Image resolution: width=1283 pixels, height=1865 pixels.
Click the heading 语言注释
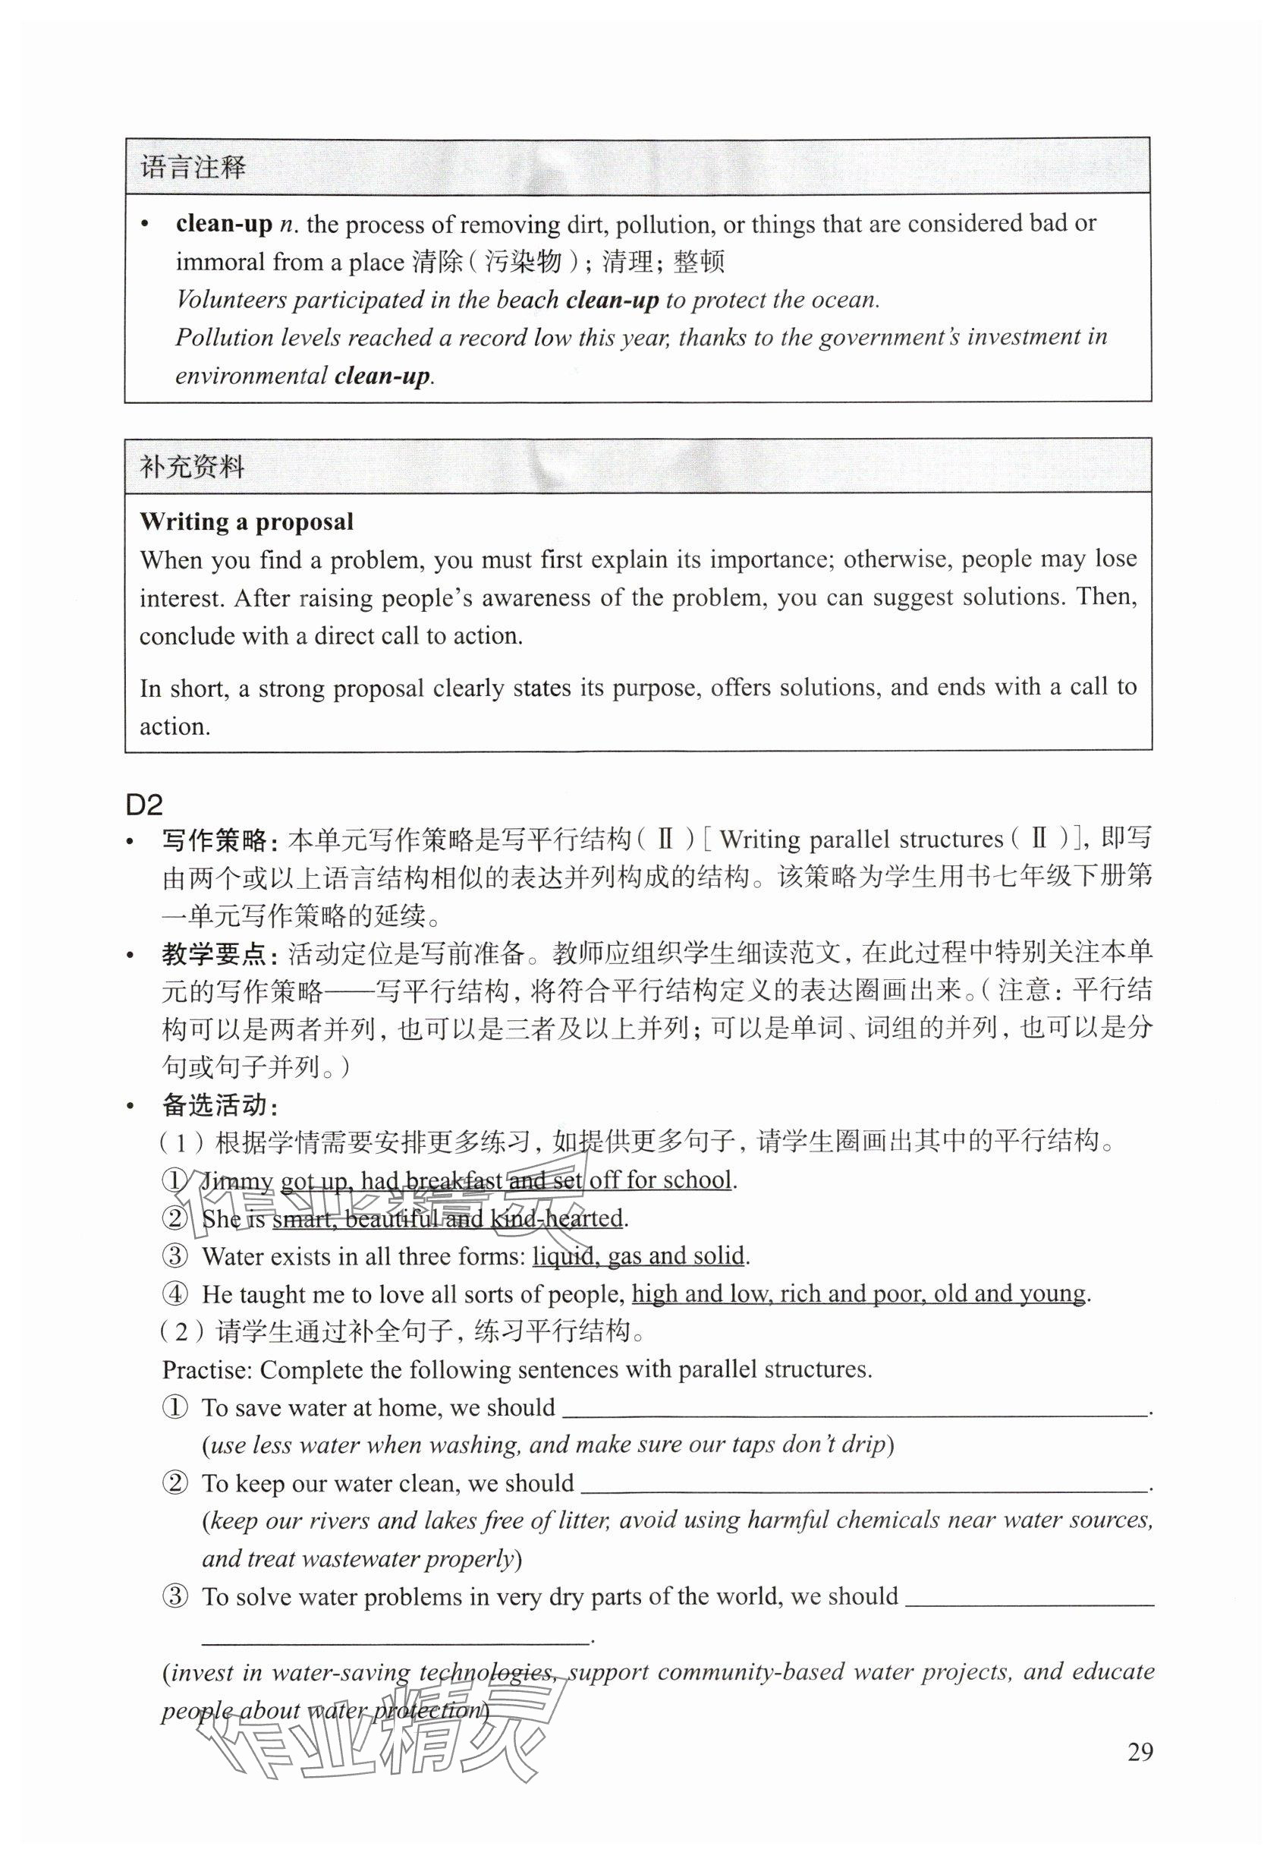193,167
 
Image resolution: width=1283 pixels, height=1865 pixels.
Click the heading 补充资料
192,467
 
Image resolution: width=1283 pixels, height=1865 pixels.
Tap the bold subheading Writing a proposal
246,522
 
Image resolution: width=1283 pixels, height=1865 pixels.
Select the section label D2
145,805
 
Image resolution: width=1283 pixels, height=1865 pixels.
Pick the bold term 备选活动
214,1106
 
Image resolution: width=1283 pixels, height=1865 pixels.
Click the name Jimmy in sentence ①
237,1180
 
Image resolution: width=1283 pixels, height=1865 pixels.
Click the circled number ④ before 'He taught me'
175,1294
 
